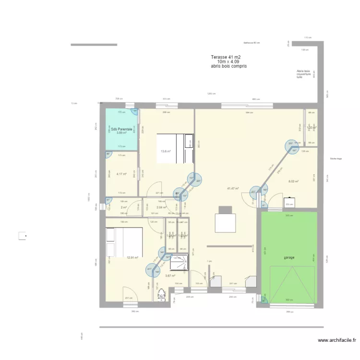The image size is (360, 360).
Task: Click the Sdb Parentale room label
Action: [x=121, y=129]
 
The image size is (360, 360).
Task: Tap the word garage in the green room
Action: [x=289, y=258]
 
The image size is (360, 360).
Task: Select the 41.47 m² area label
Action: [x=233, y=189]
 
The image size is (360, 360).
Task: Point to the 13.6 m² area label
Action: [x=166, y=151]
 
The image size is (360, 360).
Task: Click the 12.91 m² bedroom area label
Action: [x=132, y=258]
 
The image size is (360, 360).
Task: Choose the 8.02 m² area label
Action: [x=293, y=181]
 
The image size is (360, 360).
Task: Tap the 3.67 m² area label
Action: [x=170, y=276]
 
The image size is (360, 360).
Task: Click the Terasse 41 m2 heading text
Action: [x=226, y=57]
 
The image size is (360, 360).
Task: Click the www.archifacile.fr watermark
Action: [x=337, y=341]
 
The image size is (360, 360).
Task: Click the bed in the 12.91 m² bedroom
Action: [x=124, y=242]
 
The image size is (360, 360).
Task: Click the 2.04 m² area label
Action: [x=161, y=207]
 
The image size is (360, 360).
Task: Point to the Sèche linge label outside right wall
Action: [x=336, y=158]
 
